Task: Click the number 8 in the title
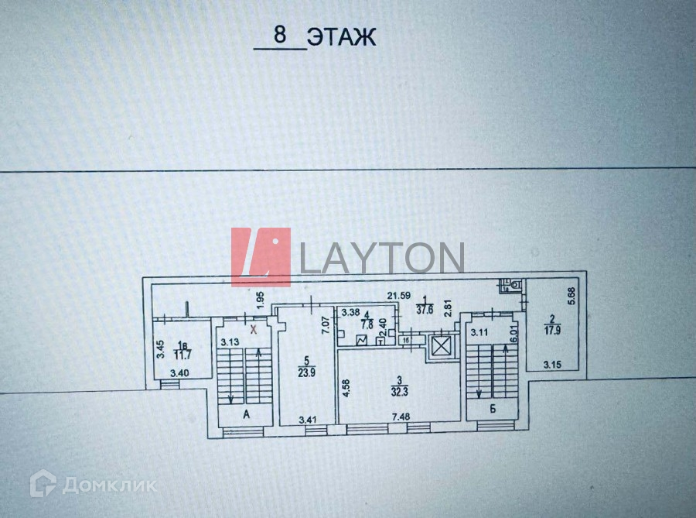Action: pyautogui.click(x=279, y=36)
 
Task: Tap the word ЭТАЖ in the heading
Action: pyautogui.click(x=341, y=36)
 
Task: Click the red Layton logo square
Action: pyautogui.click(x=261, y=257)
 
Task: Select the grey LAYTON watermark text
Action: pyautogui.click(x=381, y=259)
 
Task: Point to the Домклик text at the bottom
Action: pyautogui.click(x=109, y=485)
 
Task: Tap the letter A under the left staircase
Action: pyautogui.click(x=247, y=415)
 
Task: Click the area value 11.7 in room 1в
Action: pyautogui.click(x=183, y=355)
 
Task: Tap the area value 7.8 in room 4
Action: pyautogui.click(x=367, y=325)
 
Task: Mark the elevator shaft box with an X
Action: pyautogui.click(x=441, y=346)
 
